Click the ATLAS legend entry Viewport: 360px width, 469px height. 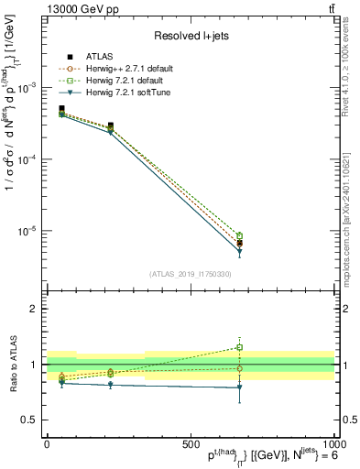95,57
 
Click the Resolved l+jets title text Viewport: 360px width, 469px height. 191,36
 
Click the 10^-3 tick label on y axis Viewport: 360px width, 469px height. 27,87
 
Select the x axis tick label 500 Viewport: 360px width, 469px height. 191,442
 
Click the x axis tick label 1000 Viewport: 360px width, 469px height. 332,442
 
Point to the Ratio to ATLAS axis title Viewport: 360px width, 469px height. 11,365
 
